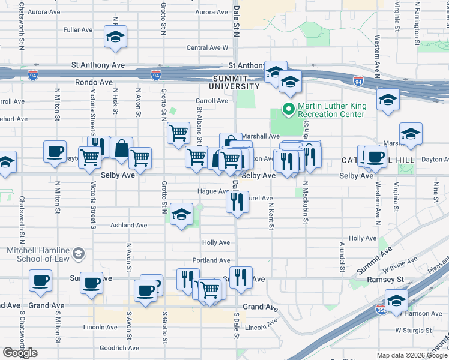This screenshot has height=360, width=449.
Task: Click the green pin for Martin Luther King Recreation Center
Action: point(288,109)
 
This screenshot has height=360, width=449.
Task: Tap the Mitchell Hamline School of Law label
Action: point(37,254)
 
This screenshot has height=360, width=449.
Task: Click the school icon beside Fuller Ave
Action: point(114,38)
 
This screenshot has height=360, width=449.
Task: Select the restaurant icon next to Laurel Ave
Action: point(237,201)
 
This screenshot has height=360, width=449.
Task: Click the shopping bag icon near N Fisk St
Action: point(121,148)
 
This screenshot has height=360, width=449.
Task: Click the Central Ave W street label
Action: point(208,47)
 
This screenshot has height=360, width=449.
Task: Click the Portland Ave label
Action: point(211,260)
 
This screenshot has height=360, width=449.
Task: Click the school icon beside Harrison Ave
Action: point(396,301)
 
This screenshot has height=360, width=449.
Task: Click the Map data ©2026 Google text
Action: point(412,355)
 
